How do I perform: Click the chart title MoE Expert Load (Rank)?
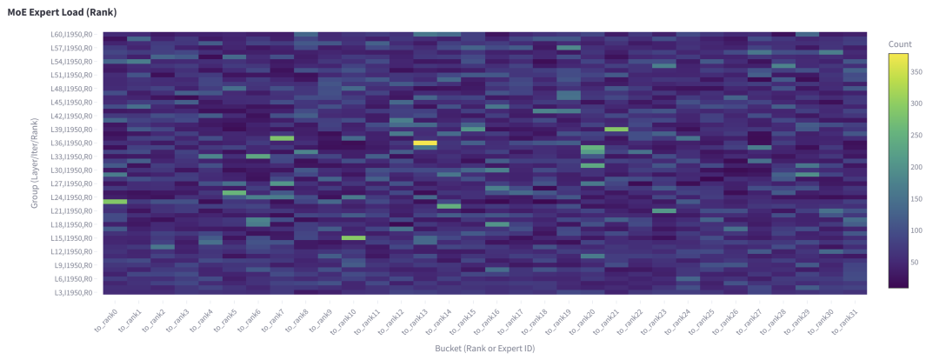62,13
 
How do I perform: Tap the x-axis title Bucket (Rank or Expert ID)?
485,348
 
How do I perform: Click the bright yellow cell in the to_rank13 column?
425,143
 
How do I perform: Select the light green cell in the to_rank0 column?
115,201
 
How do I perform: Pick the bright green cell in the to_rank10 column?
353,237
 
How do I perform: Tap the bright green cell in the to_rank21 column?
616,129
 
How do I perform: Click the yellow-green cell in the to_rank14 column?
449,206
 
